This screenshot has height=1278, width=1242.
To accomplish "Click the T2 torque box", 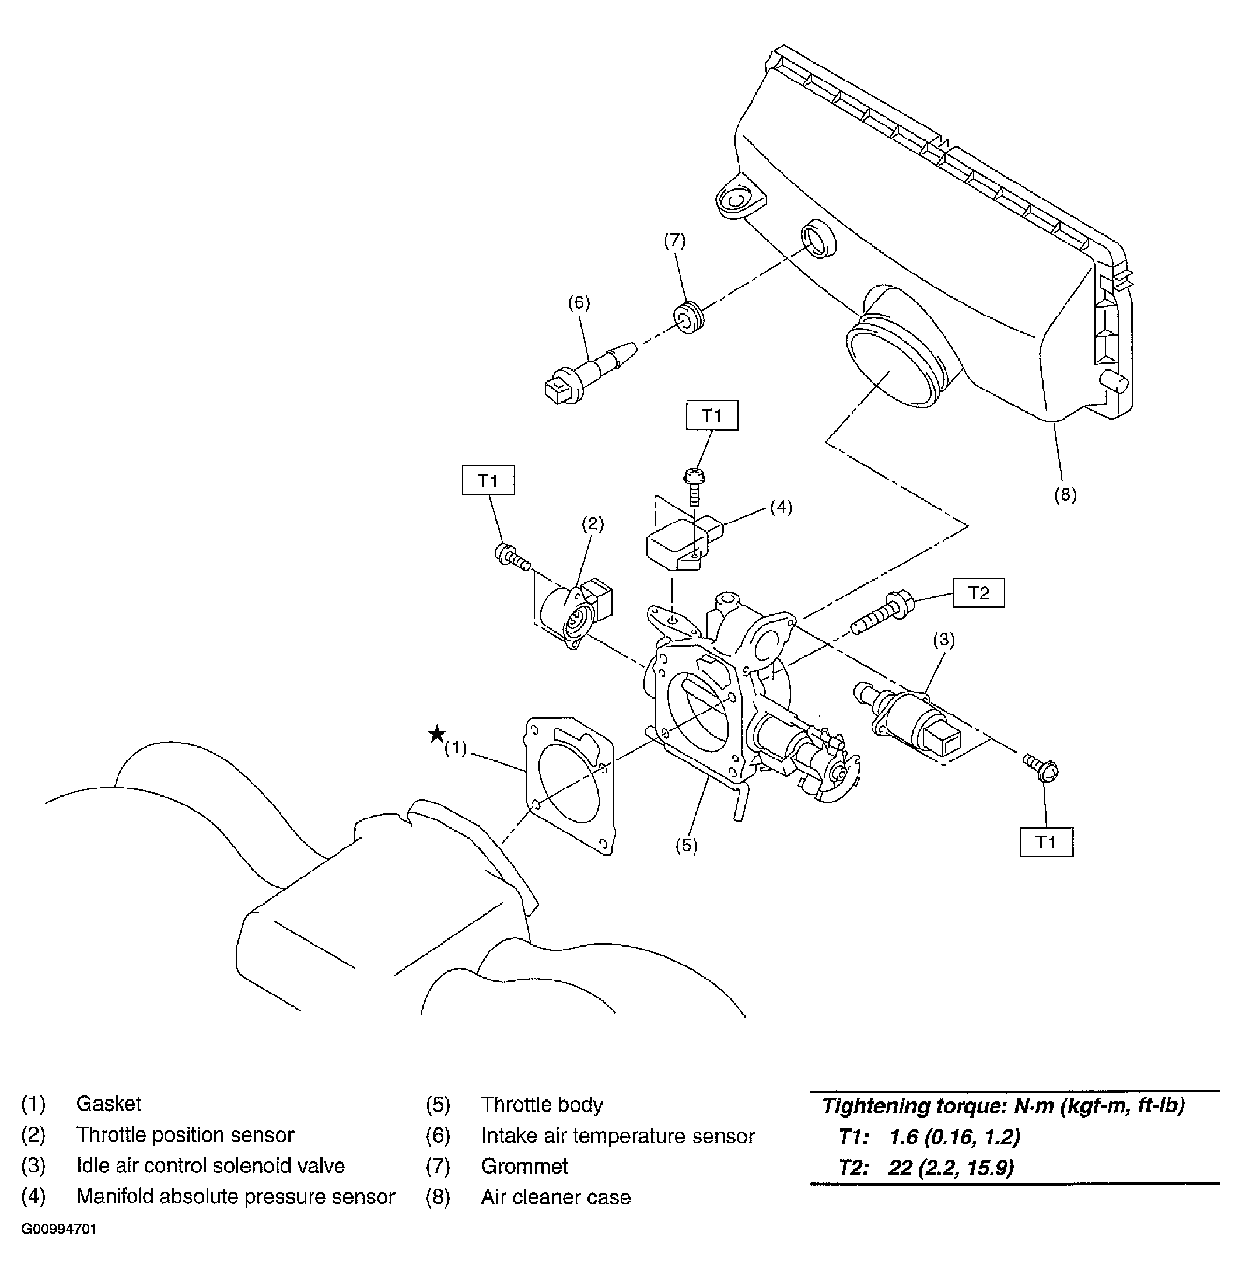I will (978, 593).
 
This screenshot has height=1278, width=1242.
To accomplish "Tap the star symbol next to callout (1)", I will (436, 735).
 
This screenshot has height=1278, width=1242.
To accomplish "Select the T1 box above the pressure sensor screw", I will (712, 415).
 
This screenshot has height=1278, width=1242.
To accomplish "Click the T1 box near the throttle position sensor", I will (488, 480).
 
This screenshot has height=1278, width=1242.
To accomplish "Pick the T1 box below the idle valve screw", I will (1047, 842).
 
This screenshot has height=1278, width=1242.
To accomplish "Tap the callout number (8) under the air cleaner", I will (1065, 494).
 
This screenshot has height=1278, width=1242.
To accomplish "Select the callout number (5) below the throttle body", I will (686, 846).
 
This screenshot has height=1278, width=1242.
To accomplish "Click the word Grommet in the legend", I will (524, 1166).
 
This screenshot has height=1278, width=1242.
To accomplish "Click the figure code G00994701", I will (60, 1230).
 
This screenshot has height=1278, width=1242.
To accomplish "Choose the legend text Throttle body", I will (542, 1105).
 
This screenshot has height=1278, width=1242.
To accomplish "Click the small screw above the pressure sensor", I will (694, 486).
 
